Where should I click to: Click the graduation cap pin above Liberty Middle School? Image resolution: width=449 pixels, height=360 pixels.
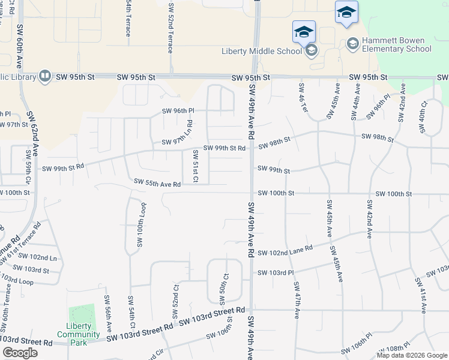(x=304, y=31)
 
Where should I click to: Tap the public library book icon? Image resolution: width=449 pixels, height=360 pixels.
(x=44, y=76)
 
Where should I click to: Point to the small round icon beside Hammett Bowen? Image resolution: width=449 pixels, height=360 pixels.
(x=352, y=43)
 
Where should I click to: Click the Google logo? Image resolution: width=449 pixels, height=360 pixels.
(x=20, y=352)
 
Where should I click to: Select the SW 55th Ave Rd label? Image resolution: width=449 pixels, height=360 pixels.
(x=157, y=182)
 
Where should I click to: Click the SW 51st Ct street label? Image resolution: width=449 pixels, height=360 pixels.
(x=195, y=166)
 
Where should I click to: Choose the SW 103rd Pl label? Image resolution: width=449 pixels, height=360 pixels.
(x=276, y=273)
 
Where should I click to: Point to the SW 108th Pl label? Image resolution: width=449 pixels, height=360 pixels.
(x=393, y=349)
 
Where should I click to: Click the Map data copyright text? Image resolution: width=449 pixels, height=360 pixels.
(x=412, y=355)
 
